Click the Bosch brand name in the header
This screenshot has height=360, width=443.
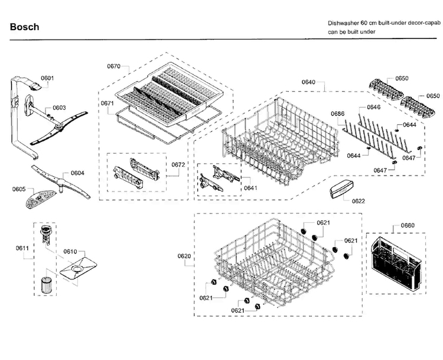click(x=24, y=27)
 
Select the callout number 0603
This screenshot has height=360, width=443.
click(x=59, y=108)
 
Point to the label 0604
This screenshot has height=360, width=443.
click(x=77, y=173)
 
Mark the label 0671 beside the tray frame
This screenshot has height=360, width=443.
click(x=107, y=103)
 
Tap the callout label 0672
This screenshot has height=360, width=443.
click(x=178, y=164)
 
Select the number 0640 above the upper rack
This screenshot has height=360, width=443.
click(x=308, y=82)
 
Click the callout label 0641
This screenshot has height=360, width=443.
click(x=250, y=188)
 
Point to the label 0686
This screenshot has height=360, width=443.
click(x=337, y=113)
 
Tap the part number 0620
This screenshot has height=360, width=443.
click(x=184, y=256)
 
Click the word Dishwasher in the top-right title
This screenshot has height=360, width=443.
click(x=344, y=22)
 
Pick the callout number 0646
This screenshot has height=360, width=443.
click(x=373, y=108)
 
